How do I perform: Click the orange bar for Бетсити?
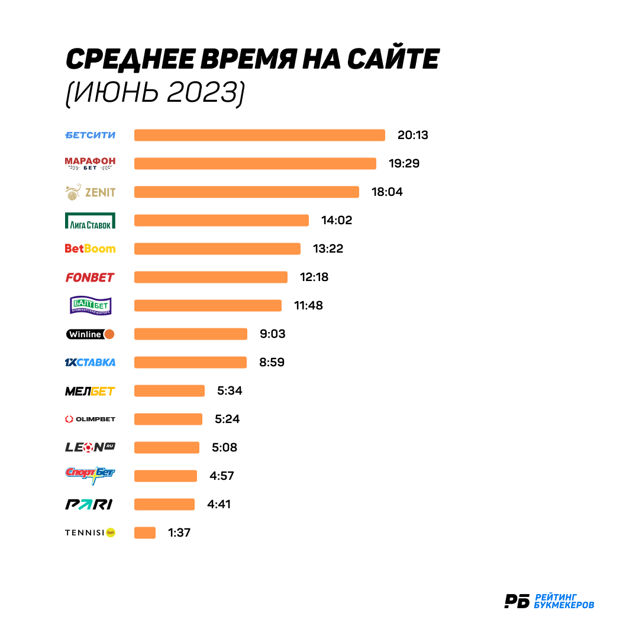click(x=260, y=135)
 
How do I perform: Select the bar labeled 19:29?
click(x=255, y=163)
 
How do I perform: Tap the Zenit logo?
click(x=90, y=192)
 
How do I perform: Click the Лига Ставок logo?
click(x=90, y=221)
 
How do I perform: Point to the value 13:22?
click(x=328, y=248)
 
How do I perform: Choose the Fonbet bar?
click(x=211, y=277)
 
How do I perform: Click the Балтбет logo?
click(x=91, y=305)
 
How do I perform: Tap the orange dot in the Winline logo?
click(x=109, y=334)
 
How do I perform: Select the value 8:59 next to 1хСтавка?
click(x=272, y=362)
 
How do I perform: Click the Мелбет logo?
click(x=90, y=391)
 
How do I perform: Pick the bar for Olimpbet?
click(x=168, y=419)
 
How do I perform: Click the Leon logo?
click(x=90, y=447)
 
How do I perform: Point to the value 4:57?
click(x=222, y=476)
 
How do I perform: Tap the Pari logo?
click(x=89, y=505)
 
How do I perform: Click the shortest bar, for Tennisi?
click(x=145, y=532)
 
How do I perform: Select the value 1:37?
click(x=179, y=532)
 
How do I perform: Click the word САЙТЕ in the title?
click(x=393, y=58)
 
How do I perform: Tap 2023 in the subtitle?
click(x=202, y=92)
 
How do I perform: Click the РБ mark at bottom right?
click(x=517, y=601)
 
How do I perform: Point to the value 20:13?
click(x=413, y=135)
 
